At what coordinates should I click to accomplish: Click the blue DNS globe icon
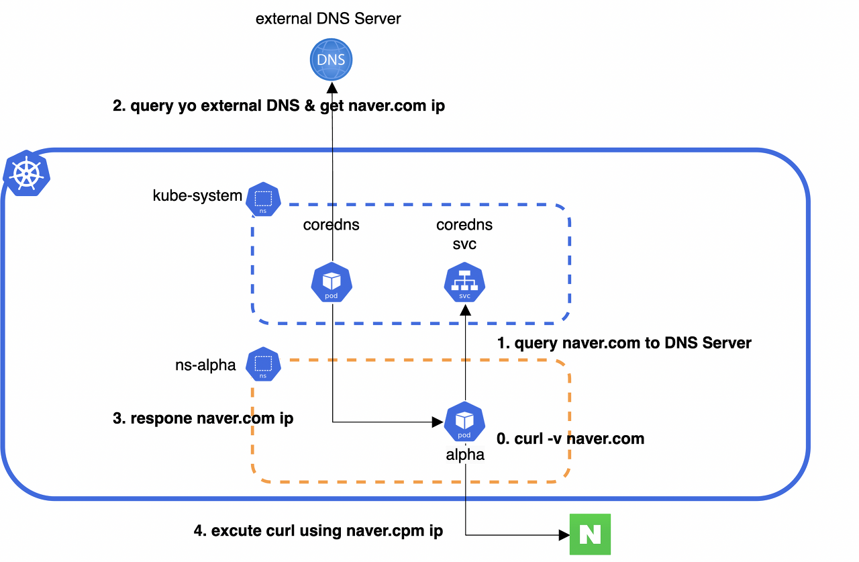331,60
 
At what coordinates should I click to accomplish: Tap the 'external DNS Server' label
328,18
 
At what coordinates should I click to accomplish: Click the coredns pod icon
332,283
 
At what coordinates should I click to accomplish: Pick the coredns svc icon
464,283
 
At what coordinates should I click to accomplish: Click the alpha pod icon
464,422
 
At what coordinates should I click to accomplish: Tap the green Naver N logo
590,534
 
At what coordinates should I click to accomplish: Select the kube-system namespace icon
263,199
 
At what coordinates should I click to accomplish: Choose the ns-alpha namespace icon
263,365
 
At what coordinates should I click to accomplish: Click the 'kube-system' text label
197,196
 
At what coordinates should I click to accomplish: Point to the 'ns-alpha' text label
205,365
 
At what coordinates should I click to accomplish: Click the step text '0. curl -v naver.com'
570,439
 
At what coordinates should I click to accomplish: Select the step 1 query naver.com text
623,343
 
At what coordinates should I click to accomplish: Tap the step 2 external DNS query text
279,106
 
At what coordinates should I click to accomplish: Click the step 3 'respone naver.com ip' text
203,419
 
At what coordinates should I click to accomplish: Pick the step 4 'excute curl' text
318,530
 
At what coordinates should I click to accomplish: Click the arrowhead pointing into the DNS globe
332,89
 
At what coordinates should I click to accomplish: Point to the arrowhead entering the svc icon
464,309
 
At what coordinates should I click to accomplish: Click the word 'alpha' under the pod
465,455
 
